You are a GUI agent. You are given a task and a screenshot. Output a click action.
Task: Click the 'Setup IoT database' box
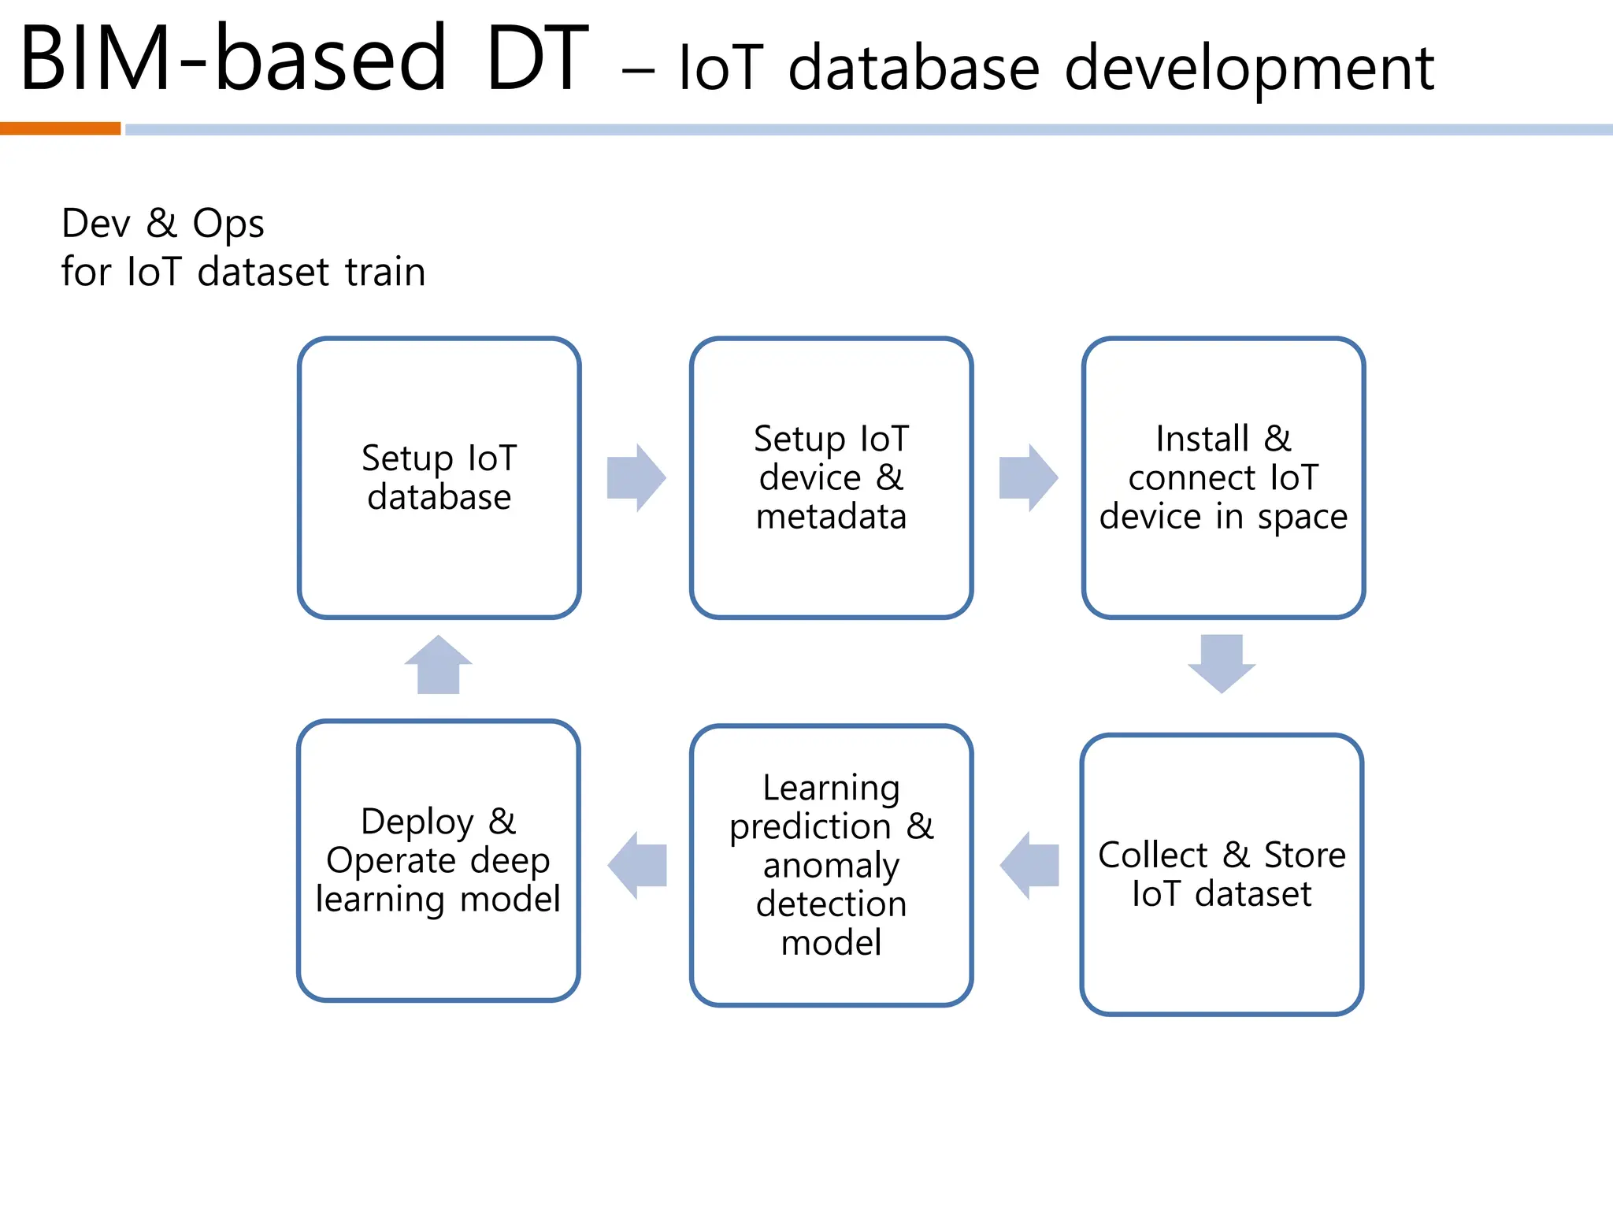tap(439, 478)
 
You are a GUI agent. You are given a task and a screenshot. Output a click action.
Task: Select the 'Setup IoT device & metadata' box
tap(831, 478)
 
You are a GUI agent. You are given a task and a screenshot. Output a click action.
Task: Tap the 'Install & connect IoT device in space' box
tap(1223, 478)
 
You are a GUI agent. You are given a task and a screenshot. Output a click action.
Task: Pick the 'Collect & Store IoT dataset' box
tap(1222, 874)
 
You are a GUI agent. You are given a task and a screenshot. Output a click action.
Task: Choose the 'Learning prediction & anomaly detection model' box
tap(831, 865)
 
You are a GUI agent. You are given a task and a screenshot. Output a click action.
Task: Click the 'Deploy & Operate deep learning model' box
tap(438, 860)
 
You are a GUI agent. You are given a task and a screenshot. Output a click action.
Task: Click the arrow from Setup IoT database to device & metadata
tap(636, 478)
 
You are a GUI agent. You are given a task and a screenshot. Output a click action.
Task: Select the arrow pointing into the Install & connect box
tap(1028, 478)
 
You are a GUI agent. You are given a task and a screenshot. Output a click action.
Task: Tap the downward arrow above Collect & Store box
tap(1222, 663)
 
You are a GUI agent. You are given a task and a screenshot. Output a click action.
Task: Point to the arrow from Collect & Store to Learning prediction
tap(1029, 865)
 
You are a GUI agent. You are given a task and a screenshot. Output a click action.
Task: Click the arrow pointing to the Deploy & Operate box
tap(637, 865)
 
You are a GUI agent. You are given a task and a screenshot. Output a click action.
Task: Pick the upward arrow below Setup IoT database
tap(438, 664)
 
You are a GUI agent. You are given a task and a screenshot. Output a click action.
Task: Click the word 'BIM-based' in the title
tap(233, 59)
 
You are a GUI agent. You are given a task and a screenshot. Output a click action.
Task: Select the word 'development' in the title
tap(1249, 69)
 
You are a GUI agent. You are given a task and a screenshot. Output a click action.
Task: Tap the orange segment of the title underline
tap(60, 128)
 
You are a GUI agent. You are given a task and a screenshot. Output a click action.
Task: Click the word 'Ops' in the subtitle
tap(228, 224)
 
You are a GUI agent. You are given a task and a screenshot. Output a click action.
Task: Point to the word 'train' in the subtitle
tap(385, 272)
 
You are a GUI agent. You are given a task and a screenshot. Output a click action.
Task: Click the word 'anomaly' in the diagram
tap(831, 866)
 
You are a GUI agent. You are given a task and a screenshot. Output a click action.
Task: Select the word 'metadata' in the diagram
tap(831, 517)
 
